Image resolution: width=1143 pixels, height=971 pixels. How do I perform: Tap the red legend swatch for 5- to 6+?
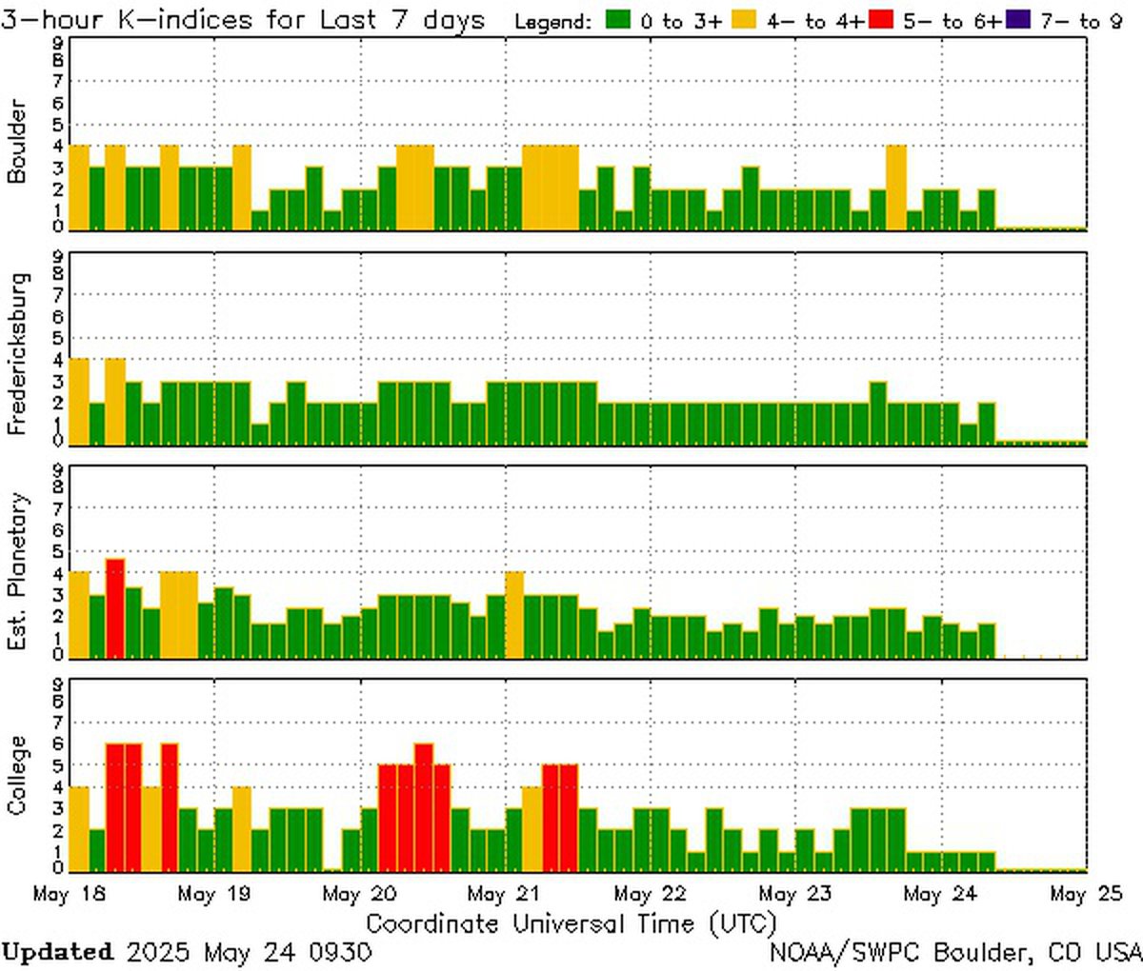click(x=882, y=20)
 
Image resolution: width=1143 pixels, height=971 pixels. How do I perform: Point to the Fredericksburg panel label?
click(x=17, y=353)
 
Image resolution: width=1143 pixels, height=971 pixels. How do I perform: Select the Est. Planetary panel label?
click(x=17, y=571)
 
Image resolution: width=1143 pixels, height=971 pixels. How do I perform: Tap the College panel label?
click(x=17, y=775)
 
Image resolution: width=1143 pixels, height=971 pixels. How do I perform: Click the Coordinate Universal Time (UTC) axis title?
click(x=571, y=923)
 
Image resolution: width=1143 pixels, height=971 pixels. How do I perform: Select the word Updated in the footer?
click(x=56, y=952)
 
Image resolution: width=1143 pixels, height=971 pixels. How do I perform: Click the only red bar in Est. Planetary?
click(x=115, y=608)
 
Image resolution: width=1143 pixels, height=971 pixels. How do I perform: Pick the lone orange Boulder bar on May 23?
click(x=895, y=188)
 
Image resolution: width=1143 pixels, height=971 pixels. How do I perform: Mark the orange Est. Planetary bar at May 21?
click(x=514, y=614)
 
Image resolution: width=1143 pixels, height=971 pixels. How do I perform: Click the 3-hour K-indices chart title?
click(x=243, y=20)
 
